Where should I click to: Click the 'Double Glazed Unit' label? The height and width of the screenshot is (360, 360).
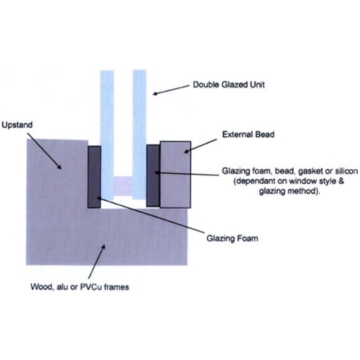229,84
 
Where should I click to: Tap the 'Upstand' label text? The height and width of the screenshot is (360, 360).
17,124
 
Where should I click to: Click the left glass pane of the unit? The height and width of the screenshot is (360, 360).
107,130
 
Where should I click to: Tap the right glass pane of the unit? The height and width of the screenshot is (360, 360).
139,130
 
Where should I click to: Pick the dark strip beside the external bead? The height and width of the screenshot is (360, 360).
153,175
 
